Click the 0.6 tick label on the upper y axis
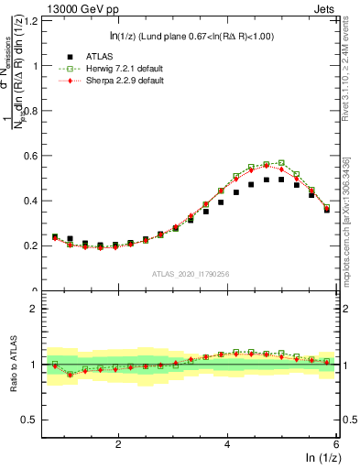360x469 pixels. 33,156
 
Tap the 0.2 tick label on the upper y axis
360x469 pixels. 33,245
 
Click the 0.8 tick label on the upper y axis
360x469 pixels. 33,111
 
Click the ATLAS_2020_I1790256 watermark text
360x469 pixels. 191,274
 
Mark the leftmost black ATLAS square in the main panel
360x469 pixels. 55,236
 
